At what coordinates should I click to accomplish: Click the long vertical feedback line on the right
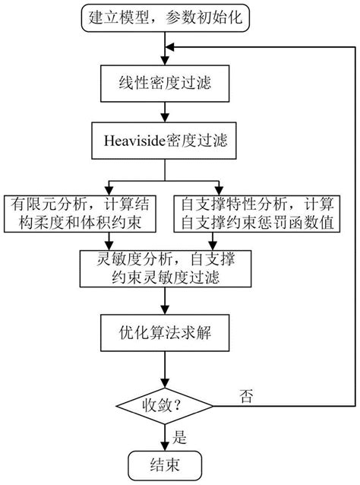click(354, 228)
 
